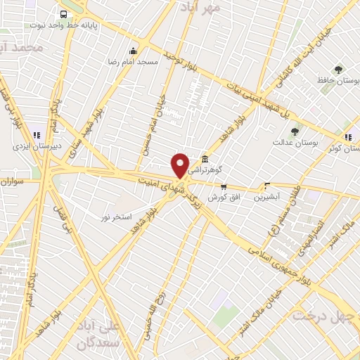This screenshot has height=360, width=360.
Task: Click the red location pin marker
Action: (x=181, y=165)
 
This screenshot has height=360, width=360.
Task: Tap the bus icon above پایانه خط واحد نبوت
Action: (x=64, y=14)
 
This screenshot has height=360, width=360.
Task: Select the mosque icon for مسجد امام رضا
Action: (x=133, y=51)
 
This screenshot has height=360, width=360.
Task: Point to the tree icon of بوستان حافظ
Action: (x=339, y=70)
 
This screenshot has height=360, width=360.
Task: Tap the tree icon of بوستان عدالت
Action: (x=295, y=131)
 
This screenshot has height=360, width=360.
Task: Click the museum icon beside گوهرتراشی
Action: (x=205, y=159)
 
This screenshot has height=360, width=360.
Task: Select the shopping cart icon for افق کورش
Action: (x=224, y=187)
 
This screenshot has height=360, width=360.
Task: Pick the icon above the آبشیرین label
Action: (x=266, y=186)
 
